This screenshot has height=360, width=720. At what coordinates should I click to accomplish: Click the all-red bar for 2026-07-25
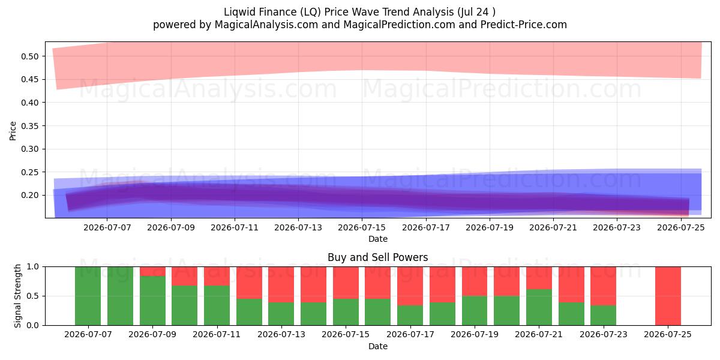[x=668, y=296]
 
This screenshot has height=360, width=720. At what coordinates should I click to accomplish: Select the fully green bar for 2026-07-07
[x=88, y=296]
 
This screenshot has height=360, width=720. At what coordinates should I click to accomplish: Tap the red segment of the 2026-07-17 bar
[x=410, y=286]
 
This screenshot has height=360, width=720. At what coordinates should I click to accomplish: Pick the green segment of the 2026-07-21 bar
[x=539, y=307]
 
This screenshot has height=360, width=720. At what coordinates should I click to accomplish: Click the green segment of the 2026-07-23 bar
[x=604, y=315]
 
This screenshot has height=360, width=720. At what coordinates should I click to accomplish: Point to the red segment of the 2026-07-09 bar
[x=152, y=271]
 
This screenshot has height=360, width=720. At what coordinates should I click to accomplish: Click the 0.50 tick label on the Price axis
[x=29, y=56]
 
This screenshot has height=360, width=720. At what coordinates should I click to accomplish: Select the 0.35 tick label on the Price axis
[x=29, y=126]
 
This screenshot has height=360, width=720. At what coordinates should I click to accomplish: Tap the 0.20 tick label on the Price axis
[x=29, y=196]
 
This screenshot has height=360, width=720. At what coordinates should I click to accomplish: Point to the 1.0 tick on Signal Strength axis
[x=33, y=267]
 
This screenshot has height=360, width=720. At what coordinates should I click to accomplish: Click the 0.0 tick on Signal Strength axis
[x=33, y=325]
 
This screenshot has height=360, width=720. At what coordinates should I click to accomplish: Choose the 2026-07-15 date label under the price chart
[x=362, y=227]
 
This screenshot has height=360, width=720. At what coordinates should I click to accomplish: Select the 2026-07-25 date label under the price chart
[x=681, y=227]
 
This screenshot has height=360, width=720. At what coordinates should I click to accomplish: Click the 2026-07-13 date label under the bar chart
[x=281, y=334]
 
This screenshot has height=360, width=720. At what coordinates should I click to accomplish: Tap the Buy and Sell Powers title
[x=377, y=257]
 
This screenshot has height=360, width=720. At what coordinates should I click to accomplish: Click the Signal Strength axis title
[x=17, y=296]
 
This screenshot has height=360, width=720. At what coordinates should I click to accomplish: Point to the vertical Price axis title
[x=13, y=131]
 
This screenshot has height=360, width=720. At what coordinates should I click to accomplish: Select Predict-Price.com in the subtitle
[x=524, y=25]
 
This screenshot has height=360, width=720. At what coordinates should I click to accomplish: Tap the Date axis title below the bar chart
[x=377, y=347]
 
